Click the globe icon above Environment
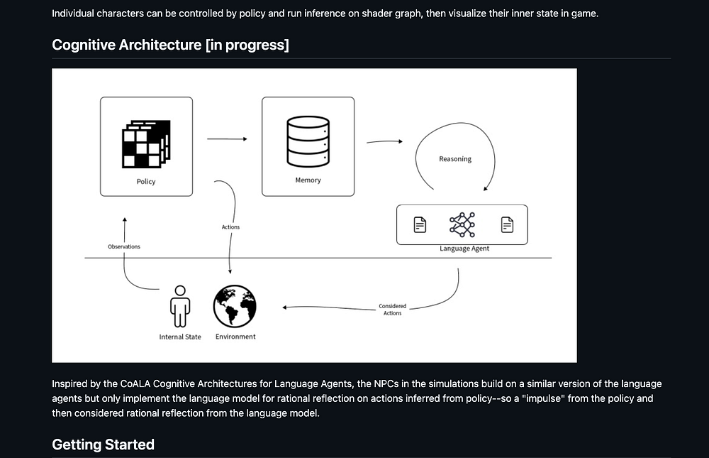pyautogui.click(x=235, y=306)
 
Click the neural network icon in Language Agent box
pyautogui.click(x=462, y=224)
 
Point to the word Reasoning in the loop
pyautogui.click(x=455, y=159)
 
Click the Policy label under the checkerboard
pyautogui.click(x=146, y=182)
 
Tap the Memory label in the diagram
pyautogui.click(x=308, y=180)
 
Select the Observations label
pyautogui.click(x=124, y=246)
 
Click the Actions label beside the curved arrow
pyautogui.click(x=230, y=227)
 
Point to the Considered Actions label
pyautogui.click(x=392, y=310)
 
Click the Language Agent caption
pyautogui.click(x=464, y=249)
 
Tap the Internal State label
pyautogui.click(x=180, y=337)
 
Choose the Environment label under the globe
pyautogui.click(x=235, y=337)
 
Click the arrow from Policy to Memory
pyautogui.click(x=227, y=139)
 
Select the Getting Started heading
pyautogui.click(x=103, y=445)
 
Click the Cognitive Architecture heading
pyautogui.click(x=170, y=45)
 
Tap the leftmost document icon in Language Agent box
pyautogui.click(x=420, y=225)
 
